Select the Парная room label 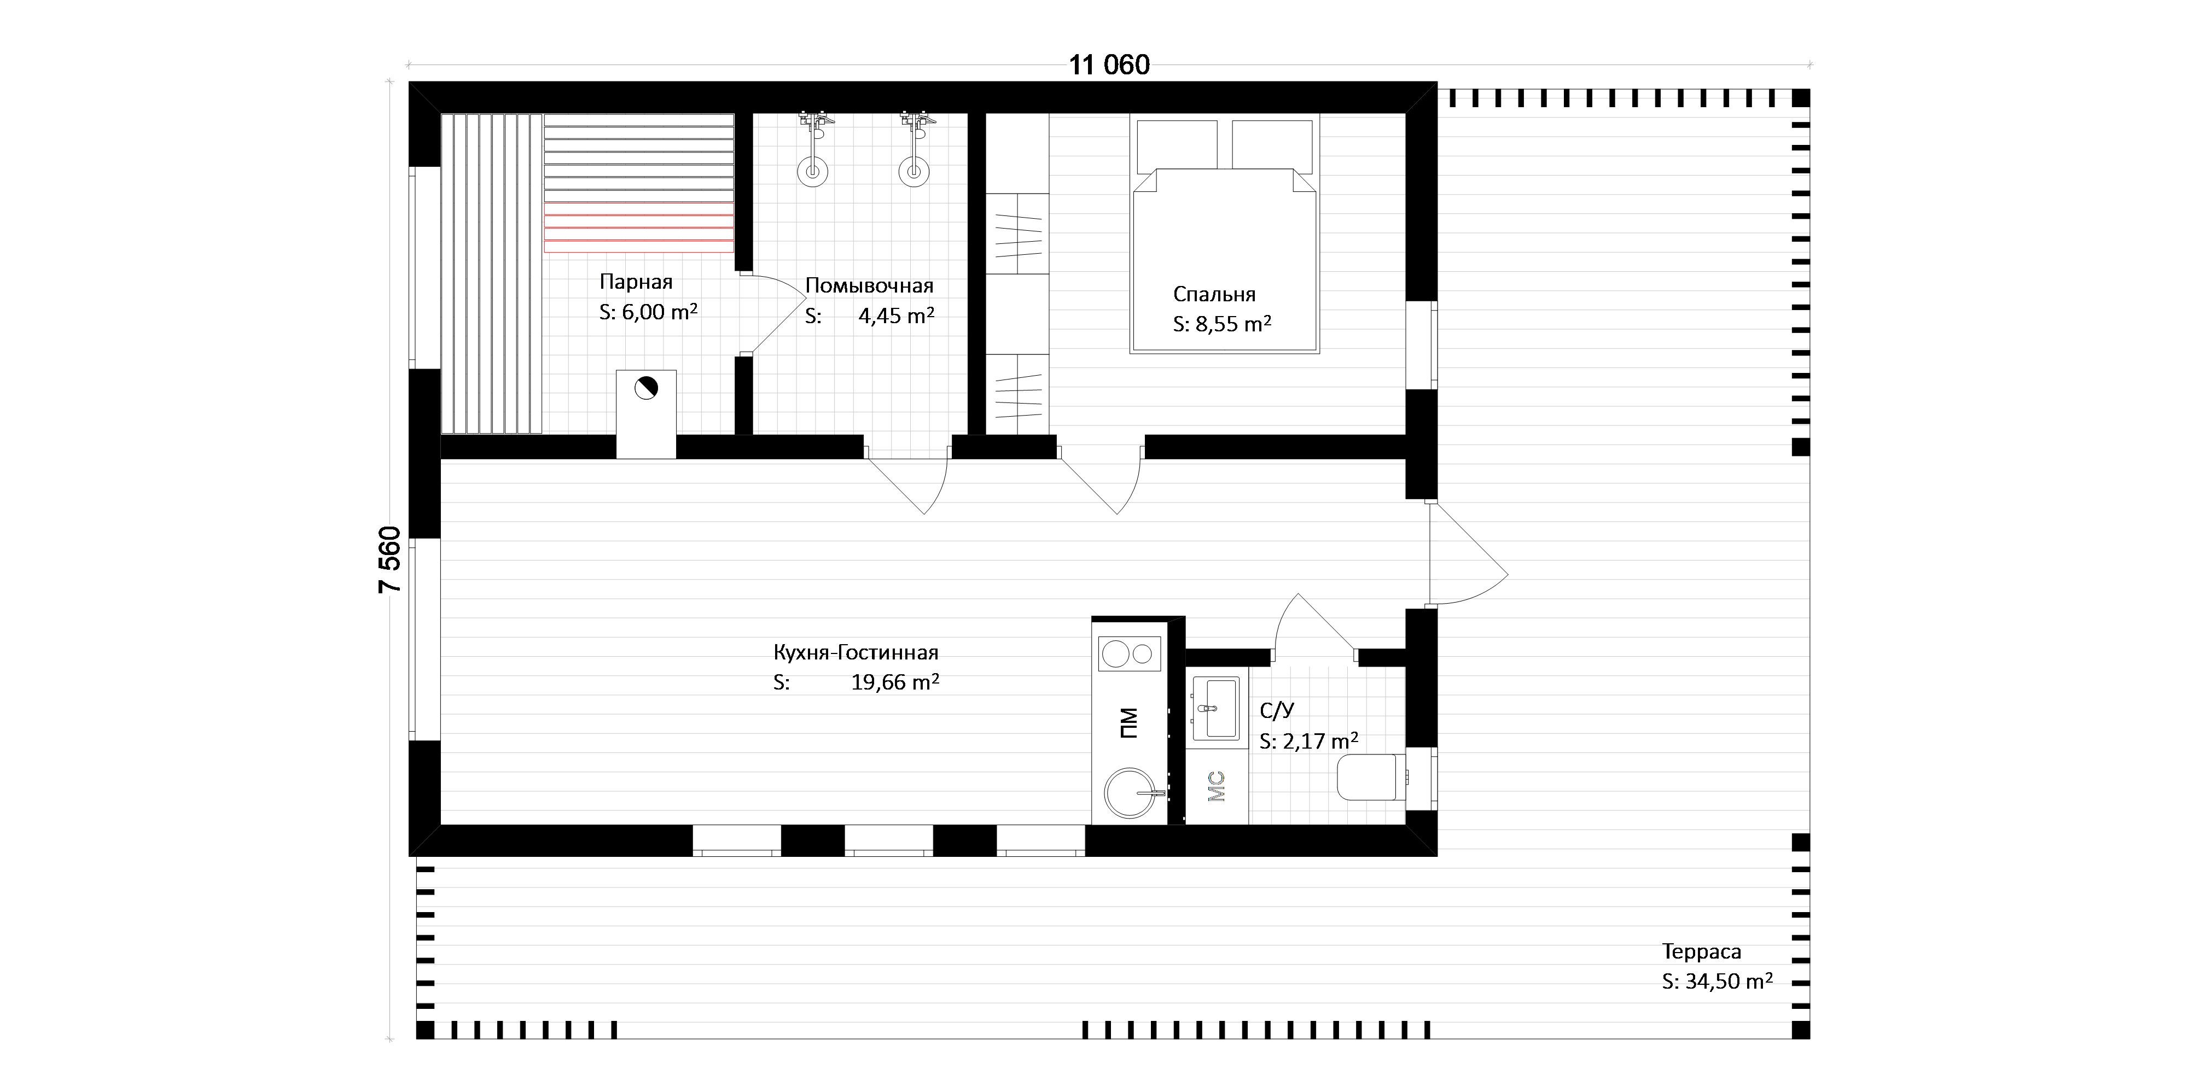pos(635,282)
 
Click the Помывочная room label pos(869,286)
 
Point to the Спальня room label pos(1214,295)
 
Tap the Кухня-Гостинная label pos(856,653)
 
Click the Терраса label pos(1701,952)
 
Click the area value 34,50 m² pos(1729,981)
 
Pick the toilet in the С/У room pos(1371,778)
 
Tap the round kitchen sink pos(1131,793)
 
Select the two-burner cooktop pos(1130,654)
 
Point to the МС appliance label pos(1217,785)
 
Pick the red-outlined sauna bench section pos(639,227)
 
